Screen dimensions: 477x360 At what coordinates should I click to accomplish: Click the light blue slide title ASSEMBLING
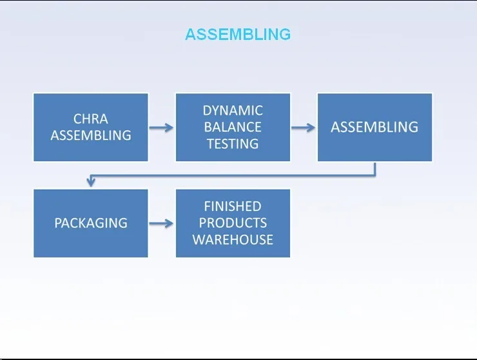[238, 34]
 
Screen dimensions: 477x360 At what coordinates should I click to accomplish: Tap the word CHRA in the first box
[91, 119]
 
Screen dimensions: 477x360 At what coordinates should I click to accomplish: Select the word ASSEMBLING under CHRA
[91, 135]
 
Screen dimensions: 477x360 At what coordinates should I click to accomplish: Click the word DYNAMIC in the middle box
[233, 110]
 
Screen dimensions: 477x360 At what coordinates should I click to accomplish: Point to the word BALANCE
[233, 127]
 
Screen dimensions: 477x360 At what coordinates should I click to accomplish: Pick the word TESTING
[233, 144]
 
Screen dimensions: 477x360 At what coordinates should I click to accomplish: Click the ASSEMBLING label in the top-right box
[375, 127]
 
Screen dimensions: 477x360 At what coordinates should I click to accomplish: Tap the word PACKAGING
[91, 223]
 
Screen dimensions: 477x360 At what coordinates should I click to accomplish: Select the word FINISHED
[233, 206]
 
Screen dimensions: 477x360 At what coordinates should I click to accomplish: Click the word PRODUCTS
[233, 223]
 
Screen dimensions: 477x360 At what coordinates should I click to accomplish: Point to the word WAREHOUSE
[233, 240]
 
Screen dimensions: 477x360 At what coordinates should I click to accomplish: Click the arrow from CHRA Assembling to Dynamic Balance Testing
[161, 128]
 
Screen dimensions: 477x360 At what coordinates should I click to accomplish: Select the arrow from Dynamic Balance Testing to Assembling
[304, 128]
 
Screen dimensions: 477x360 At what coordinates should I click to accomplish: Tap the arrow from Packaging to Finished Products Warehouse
[161, 224]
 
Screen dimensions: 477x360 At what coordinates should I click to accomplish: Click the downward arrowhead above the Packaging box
[91, 182]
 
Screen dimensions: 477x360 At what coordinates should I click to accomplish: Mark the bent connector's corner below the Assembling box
[375, 175]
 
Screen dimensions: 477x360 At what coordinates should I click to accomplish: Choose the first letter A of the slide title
[190, 34]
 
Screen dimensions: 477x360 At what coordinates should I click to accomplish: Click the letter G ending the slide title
[285, 34]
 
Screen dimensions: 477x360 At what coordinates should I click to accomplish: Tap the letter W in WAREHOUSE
[199, 240]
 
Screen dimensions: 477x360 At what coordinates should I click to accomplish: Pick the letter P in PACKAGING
[58, 223]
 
